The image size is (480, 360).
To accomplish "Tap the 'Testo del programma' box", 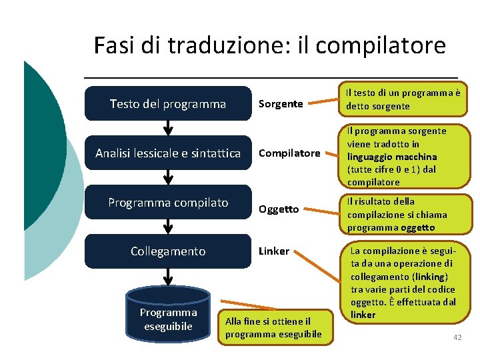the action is click(x=168, y=103).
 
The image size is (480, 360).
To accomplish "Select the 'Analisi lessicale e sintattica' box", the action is click(x=168, y=153).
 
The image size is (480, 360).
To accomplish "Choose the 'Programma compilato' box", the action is click(x=168, y=202).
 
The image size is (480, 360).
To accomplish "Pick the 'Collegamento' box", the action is click(x=168, y=251).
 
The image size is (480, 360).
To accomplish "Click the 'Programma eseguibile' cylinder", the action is click(x=168, y=319).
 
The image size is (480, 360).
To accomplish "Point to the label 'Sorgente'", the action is click(x=281, y=103).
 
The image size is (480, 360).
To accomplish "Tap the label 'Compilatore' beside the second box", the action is click(x=289, y=153).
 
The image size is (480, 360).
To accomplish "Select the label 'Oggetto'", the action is click(x=279, y=209).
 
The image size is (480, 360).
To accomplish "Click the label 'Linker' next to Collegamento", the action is click(x=274, y=251).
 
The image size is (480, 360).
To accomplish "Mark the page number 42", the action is click(x=457, y=338).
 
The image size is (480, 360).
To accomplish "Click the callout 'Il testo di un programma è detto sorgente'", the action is click(x=402, y=99).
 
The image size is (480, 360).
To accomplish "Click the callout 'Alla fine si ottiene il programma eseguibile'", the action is click(x=273, y=327).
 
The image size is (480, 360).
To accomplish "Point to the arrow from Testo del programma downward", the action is click(x=168, y=129).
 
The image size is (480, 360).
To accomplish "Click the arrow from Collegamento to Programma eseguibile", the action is click(x=168, y=276).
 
